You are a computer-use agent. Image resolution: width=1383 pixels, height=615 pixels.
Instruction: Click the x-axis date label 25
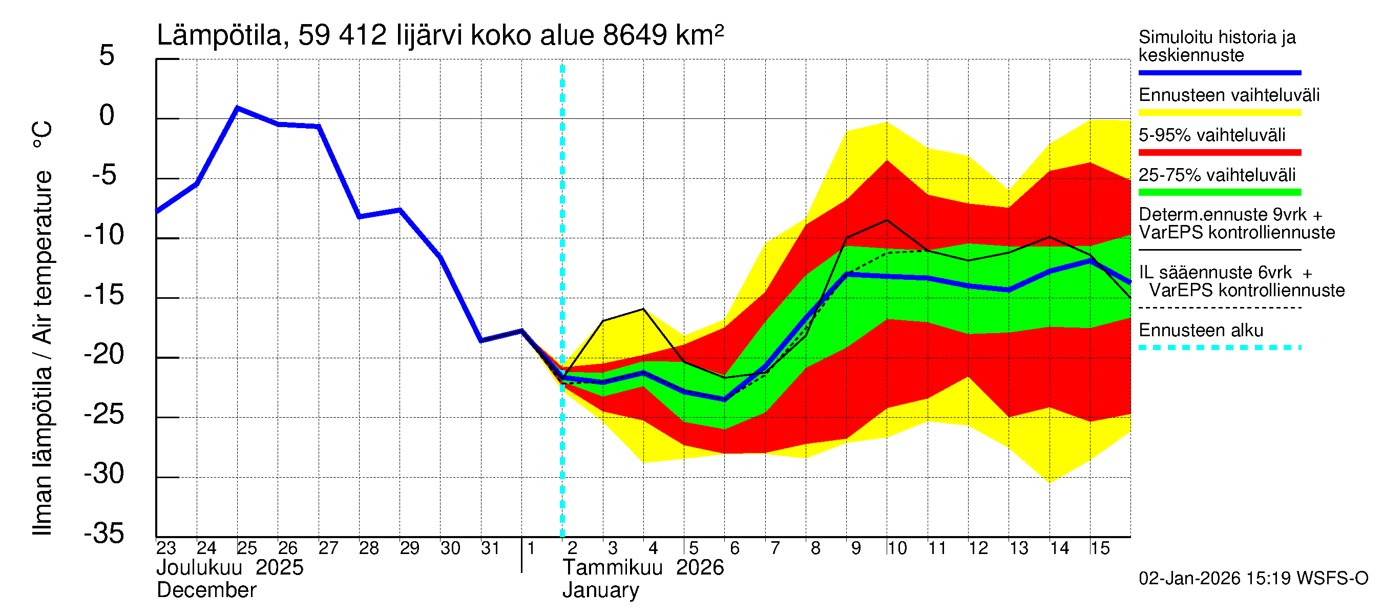(247, 548)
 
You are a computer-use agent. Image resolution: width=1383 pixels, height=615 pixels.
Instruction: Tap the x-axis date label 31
(490, 548)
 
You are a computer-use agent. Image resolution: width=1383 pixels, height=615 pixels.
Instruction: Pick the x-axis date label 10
(896, 548)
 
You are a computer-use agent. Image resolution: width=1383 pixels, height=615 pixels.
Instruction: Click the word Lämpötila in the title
(219, 35)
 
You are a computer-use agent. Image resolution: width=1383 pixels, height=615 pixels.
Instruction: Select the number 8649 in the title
(635, 35)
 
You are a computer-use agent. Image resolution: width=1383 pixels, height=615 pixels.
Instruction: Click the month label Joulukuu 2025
(230, 568)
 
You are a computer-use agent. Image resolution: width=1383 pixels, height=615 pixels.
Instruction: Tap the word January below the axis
(600, 590)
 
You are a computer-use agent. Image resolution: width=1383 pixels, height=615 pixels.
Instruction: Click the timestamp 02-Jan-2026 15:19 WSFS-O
(1253, 579)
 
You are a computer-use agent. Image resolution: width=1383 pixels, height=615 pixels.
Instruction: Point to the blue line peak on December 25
(238, 108)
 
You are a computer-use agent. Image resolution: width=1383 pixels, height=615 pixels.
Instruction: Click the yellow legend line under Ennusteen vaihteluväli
(1219, 113)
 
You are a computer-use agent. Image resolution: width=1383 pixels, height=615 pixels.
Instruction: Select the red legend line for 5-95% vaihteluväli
(1219, 153)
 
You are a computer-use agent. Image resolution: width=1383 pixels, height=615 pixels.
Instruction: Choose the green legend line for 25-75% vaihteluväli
(1219, 192)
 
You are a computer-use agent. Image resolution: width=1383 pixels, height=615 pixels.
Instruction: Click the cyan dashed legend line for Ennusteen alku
(1219, 347)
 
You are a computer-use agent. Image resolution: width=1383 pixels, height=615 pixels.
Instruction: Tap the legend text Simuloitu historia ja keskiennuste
(1217, 46)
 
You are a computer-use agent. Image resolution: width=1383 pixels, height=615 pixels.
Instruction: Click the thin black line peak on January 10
(887, 220)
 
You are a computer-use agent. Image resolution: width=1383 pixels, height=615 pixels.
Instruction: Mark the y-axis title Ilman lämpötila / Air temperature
(43, 327)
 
